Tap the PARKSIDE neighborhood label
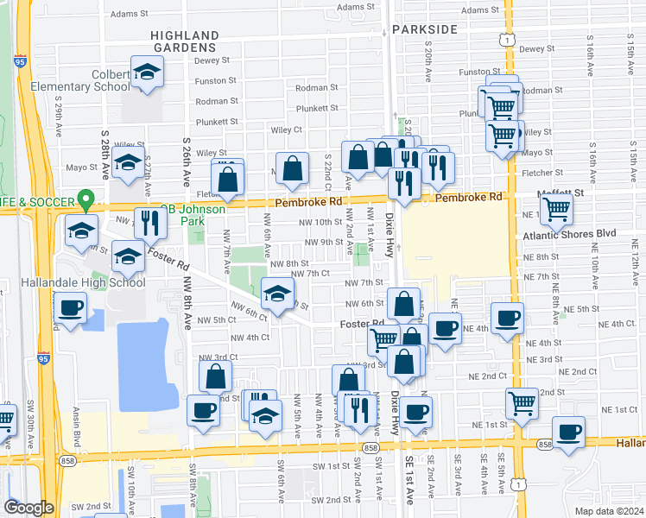[423, 29]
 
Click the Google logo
[28, 508]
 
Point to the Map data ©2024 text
[608, 511]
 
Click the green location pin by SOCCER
[85, 201]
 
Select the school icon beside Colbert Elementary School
[147, 73]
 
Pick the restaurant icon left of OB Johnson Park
[150, 224]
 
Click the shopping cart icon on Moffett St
[556, 210]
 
